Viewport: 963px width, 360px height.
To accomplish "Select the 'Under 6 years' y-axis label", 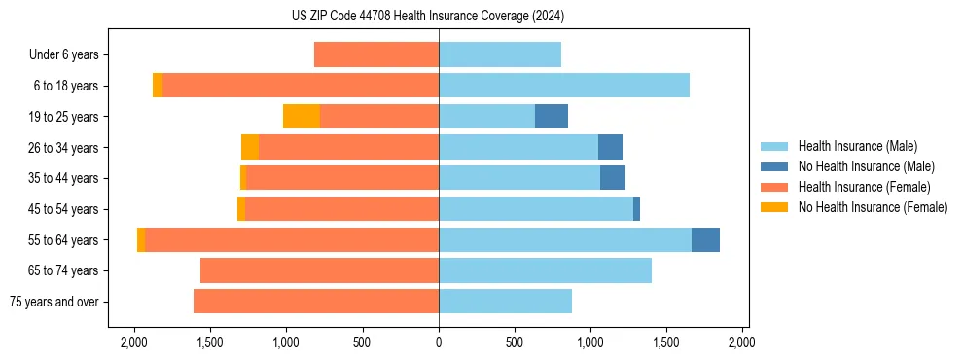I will click(x=63, y=54).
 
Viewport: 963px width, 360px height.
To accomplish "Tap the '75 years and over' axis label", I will click(x=53, y=302).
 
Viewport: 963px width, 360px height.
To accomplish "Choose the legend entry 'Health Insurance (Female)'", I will click(x=864, y=187).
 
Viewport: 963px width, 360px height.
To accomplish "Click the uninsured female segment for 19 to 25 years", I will click(x=302, y=117).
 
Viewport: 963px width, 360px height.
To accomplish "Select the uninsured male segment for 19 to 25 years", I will click(x=552, y=117).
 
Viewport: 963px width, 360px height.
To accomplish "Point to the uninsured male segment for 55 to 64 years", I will click(x=705, y=239).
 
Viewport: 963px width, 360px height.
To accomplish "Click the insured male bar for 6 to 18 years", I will click(x=564, y=86).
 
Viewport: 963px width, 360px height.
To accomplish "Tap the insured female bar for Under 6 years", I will click(x=376, y=54).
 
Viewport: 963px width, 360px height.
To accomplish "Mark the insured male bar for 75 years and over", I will click(x=505, y=302).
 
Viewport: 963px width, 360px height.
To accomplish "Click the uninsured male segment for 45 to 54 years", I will click(x=636, y=209).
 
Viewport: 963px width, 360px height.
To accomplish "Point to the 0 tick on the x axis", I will click(x=439, y=342).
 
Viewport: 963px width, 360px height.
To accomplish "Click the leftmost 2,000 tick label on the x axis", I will click(x=133, y=342).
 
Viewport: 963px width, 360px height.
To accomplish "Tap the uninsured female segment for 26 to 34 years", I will click(x=250, y=147).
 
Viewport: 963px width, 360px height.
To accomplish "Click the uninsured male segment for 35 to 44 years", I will click(x=613, y=178).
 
